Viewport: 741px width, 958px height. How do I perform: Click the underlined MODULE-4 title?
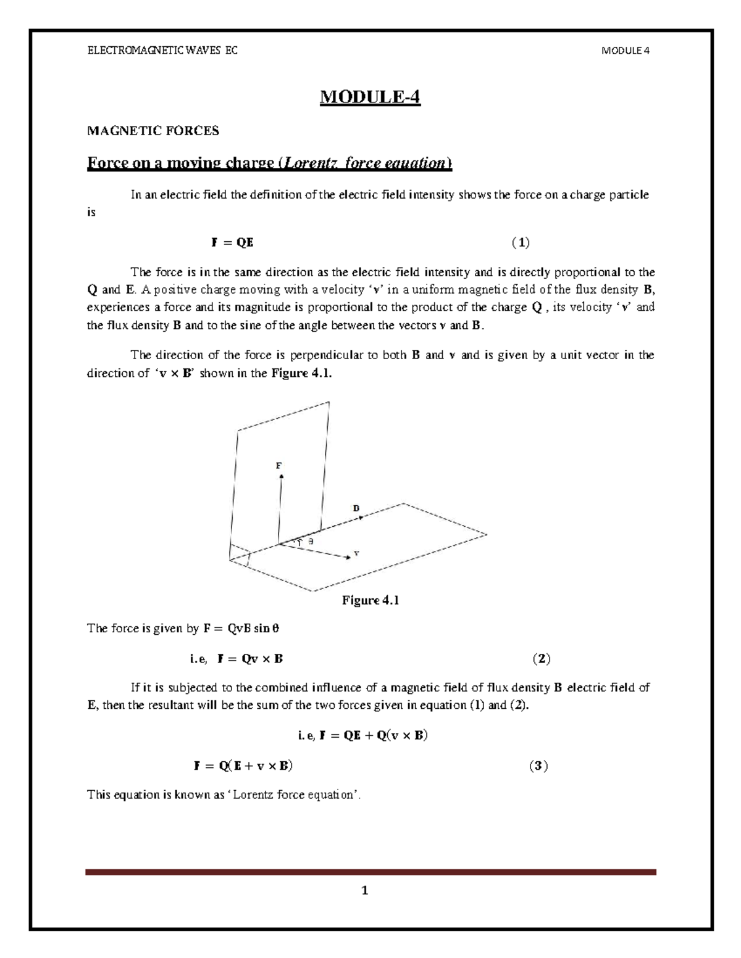tap(369, 97)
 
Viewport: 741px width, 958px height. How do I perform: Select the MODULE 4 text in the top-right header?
tap(625, 51)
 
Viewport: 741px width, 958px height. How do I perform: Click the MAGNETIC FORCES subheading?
tap(153, 131)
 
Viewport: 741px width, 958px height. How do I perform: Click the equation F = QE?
tap(232, 243)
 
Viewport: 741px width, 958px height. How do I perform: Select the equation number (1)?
tap(521, 243)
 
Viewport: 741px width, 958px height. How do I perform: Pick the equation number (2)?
tap(541, 659)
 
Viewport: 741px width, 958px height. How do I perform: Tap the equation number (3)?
tap(538, 766)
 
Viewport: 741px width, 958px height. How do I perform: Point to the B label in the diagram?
tap(356, 508)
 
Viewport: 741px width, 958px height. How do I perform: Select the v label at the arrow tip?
tap(356, 553)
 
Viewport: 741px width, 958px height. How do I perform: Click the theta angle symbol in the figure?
tap(311, 541)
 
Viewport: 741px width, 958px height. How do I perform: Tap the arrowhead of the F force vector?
tap(280, 477)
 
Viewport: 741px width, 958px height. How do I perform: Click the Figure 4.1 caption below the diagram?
tap(371, 600)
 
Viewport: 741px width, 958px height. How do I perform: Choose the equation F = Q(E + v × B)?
tap(243, 766)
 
